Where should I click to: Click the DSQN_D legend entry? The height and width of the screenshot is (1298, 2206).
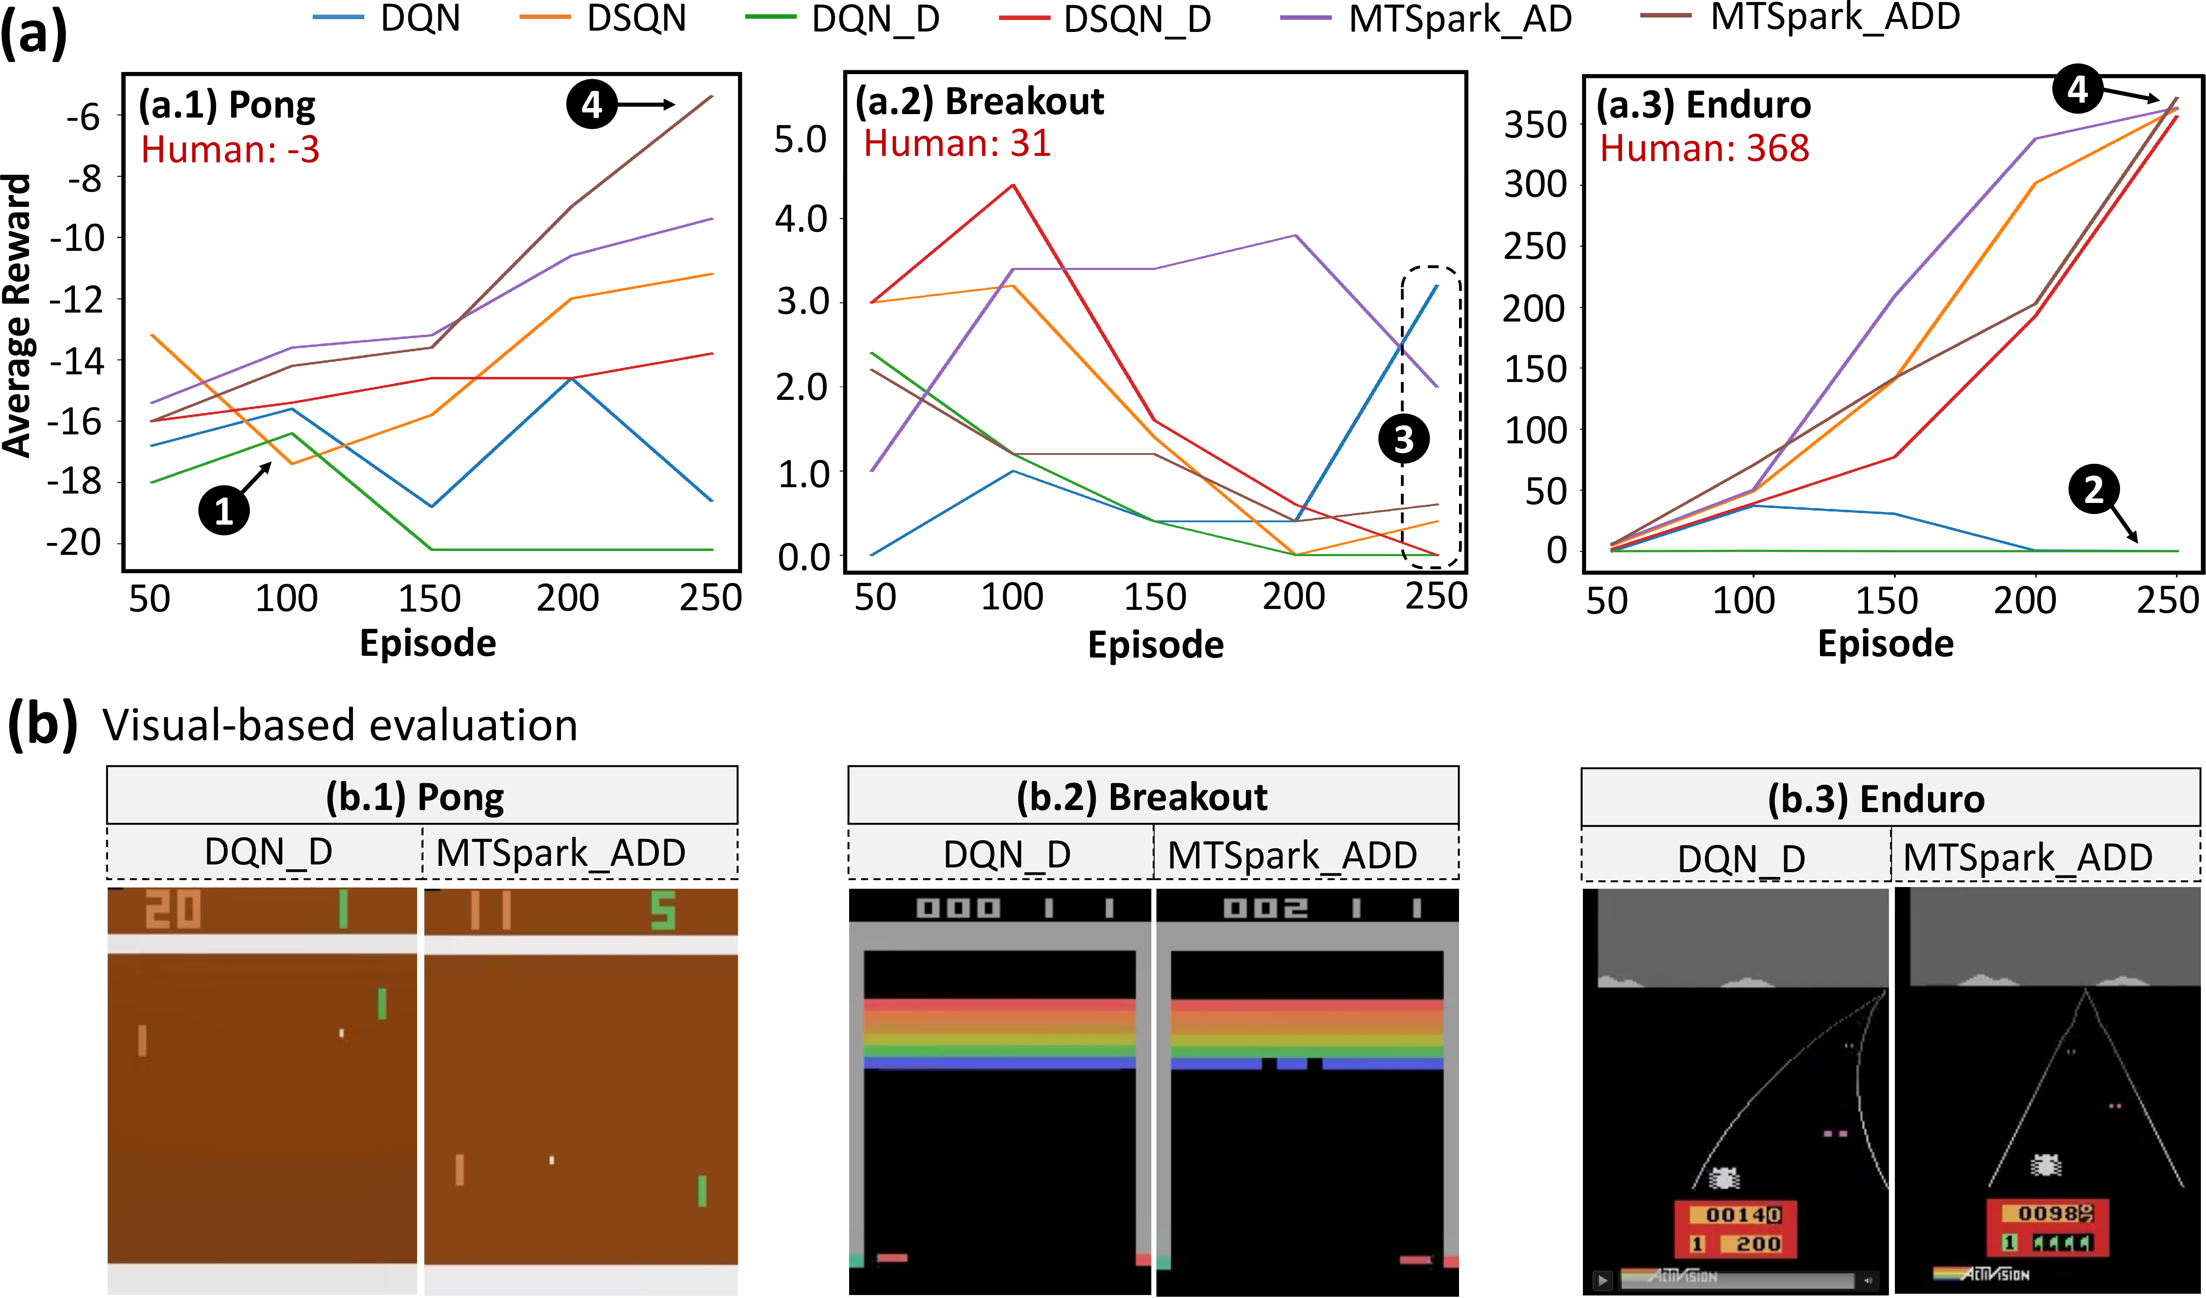pos(1105,19)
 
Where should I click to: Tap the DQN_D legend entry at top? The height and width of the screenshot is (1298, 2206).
pos(842,19)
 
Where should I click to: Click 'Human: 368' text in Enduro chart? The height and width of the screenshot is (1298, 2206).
pos(1704,148)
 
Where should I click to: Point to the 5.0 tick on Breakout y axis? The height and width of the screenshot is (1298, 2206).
pos(800,139)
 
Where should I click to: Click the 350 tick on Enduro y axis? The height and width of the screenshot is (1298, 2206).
pos(1536,125)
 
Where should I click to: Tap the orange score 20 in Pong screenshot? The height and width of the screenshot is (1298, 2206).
pos(172,909)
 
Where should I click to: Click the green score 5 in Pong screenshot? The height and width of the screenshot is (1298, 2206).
pos(663,911)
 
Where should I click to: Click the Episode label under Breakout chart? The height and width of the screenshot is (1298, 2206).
pos(1156,645)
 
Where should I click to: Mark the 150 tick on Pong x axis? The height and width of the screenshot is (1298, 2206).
pos(429,599)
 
